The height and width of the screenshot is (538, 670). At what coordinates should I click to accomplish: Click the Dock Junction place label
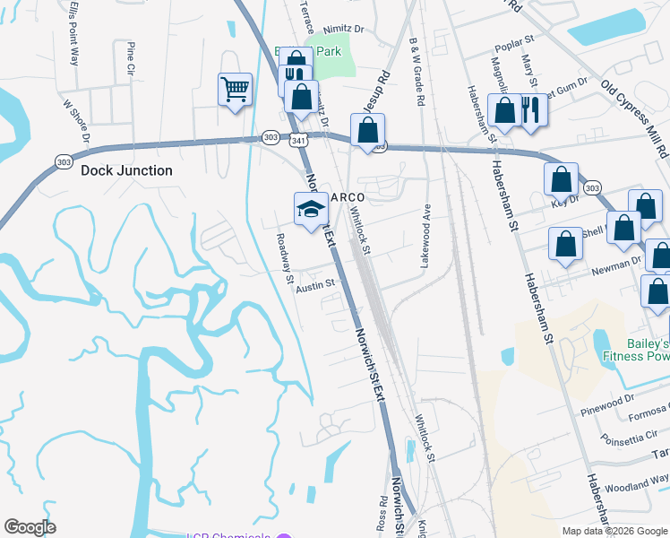(x=126, y=170)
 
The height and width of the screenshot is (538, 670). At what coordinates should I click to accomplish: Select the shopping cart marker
(x=235, y=89)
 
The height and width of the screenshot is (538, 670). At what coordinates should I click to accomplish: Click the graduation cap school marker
(x=311, y=209)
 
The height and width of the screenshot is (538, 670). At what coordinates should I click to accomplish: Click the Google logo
(x=30, y=527)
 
